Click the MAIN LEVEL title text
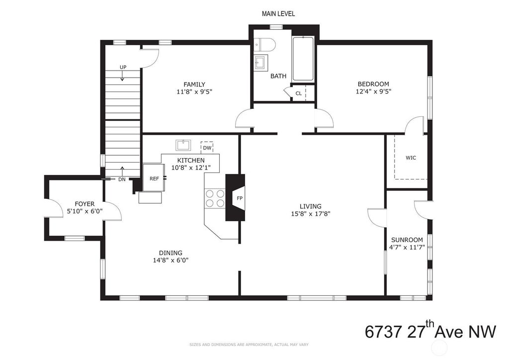tap(278, 13)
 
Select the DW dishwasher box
tap(207, 148)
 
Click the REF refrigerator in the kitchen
tap(154, 178)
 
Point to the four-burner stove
tap(215, 198)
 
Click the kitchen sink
tap(183, 145)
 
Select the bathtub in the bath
tap(303, 59)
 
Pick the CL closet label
tap(299, 93)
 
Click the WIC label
tap(411, 158)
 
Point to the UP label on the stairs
tap(123, 67)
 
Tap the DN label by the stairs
tap(122, 179)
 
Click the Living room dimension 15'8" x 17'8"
tap(311, 214)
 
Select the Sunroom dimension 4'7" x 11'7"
tap(407, 247)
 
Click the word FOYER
tap(85, 204)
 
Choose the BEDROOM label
tap(373, 84)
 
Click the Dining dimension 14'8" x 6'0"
tap(171, 260)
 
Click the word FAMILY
tap(194, 85)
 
